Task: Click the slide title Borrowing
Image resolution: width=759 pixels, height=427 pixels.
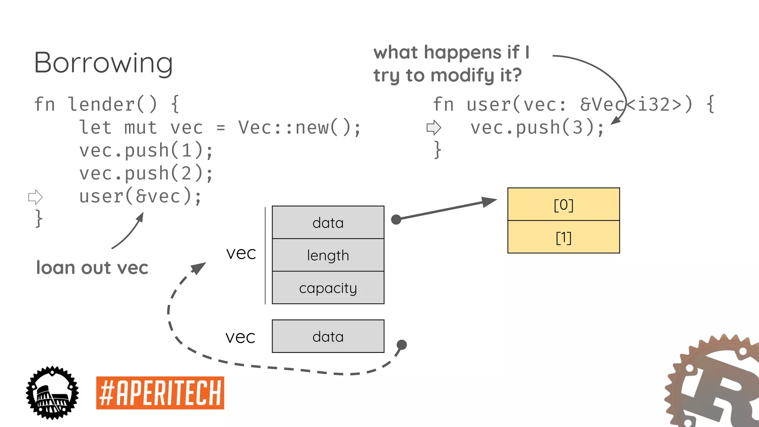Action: point(103,63)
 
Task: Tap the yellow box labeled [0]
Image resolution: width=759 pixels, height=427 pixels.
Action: point(563,204)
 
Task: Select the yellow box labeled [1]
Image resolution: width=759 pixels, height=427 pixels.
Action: point(563,237)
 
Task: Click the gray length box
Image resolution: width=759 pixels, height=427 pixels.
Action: point(328,255)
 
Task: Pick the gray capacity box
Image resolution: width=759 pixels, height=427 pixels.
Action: point(328,288)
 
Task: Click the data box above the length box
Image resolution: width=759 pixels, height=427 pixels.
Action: point(328,222)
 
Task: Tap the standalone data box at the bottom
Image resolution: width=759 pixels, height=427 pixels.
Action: point(328,336)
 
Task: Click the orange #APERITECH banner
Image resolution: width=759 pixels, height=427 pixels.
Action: point(160,393)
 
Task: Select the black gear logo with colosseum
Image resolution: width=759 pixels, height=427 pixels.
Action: point(52,393)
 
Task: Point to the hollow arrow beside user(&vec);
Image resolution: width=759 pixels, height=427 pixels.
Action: point(36,197)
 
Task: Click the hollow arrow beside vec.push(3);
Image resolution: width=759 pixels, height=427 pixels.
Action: point(434,128)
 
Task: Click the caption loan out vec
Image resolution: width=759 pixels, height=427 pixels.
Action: point(92,268)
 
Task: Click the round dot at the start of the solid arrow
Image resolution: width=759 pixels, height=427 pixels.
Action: point(396,219)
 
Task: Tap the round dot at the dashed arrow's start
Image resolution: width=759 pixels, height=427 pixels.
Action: point(402,345)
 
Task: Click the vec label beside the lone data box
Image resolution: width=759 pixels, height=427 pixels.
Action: point(240,337)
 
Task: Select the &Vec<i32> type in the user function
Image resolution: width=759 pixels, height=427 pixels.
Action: point(636,105)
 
